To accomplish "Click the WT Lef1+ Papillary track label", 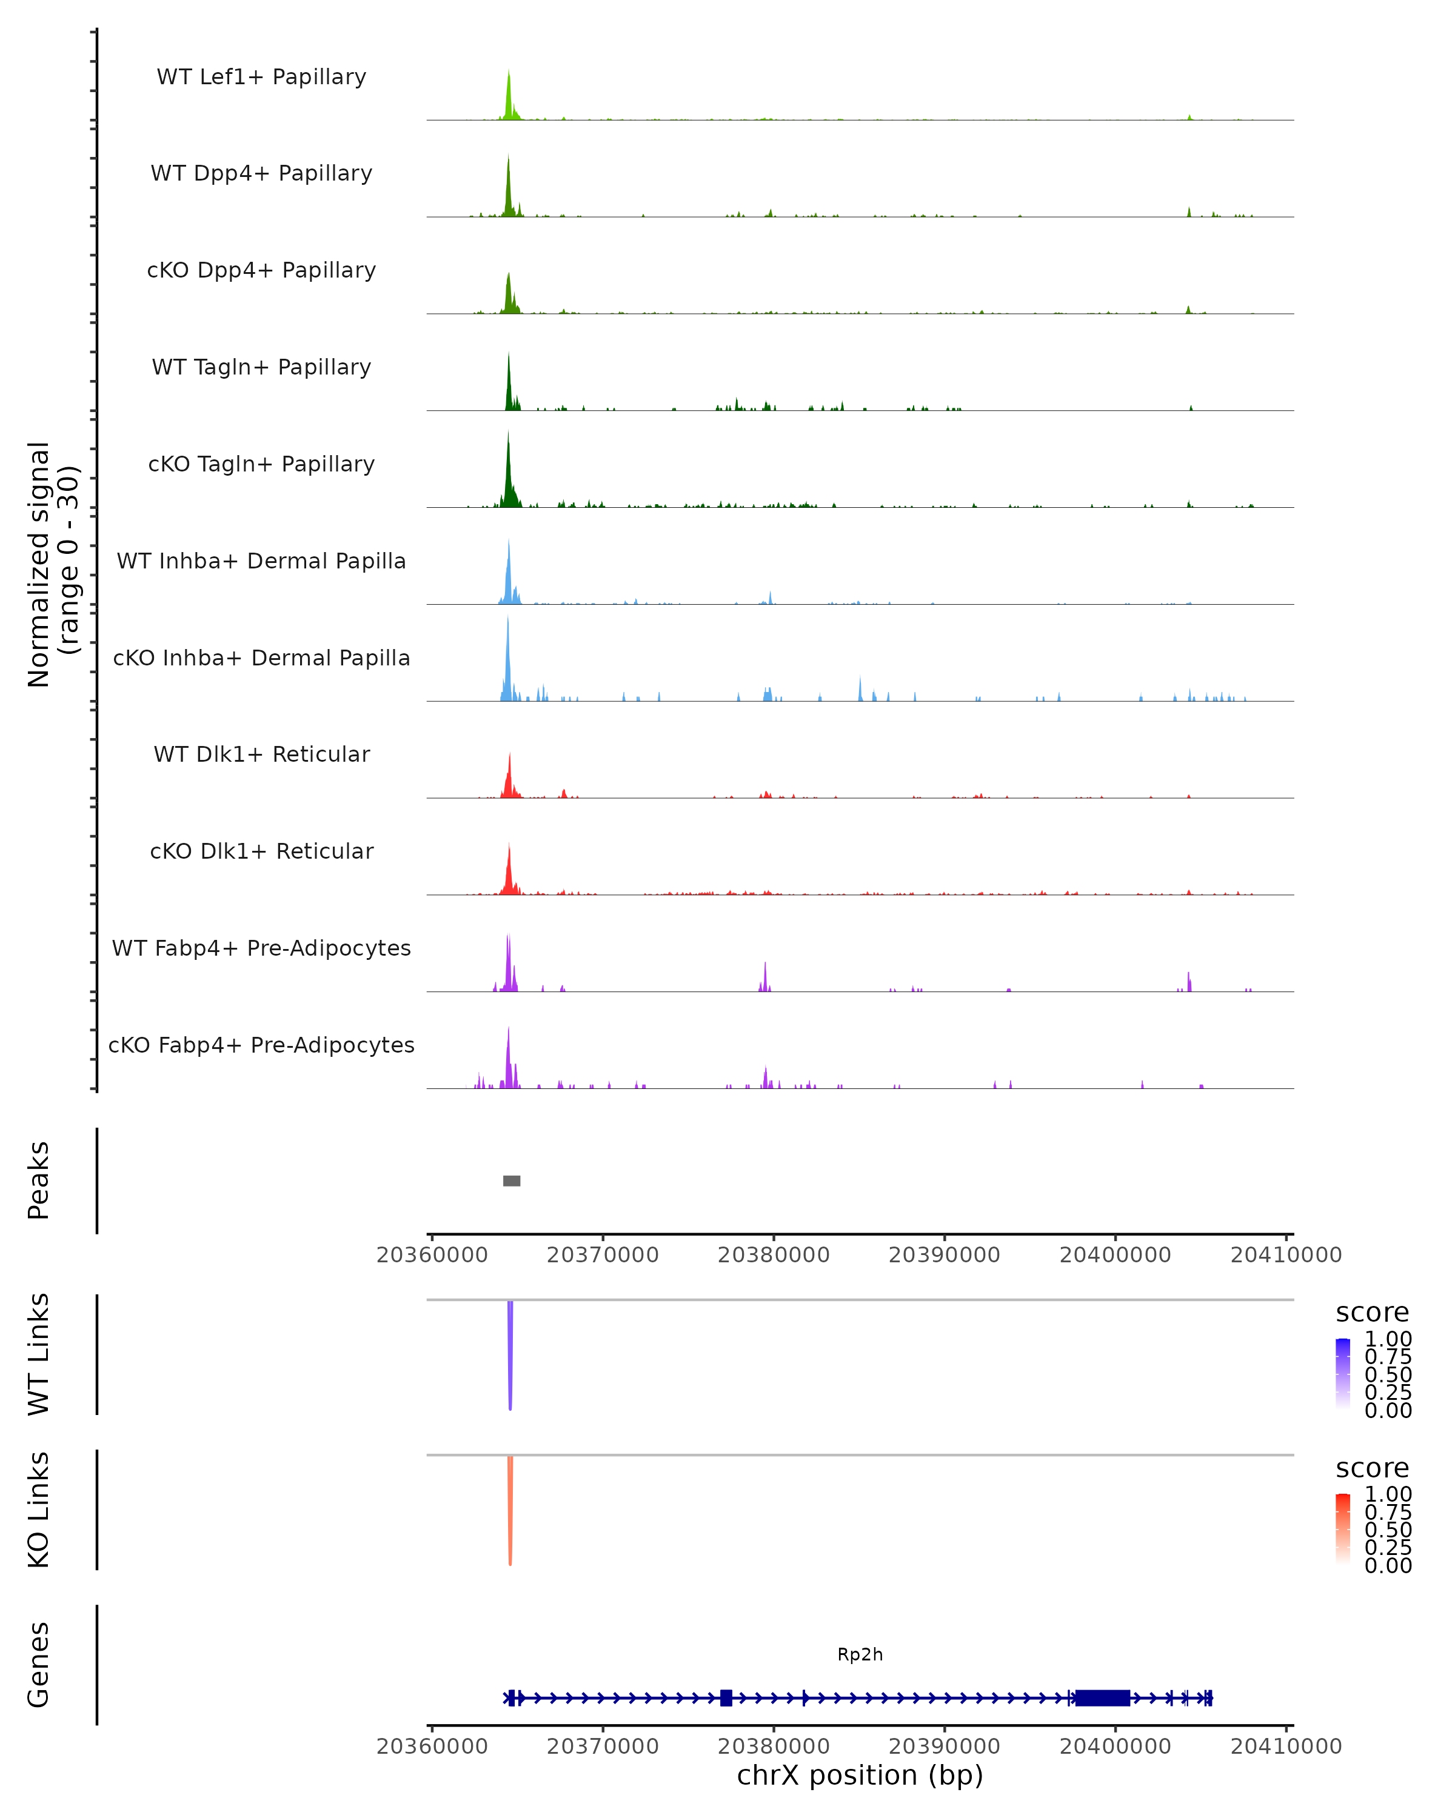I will tap(261, 77).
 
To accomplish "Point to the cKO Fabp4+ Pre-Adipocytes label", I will tap(261, 1045).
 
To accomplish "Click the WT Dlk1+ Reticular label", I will tap(261, 754).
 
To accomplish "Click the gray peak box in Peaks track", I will tap(511, 1180).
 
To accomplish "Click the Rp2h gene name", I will tap(860, 1654).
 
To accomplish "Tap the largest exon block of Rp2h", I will tap(1102, 1697).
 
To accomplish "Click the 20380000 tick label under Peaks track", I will tap(774, 1255).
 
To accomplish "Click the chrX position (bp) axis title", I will tap(860, 1775).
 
